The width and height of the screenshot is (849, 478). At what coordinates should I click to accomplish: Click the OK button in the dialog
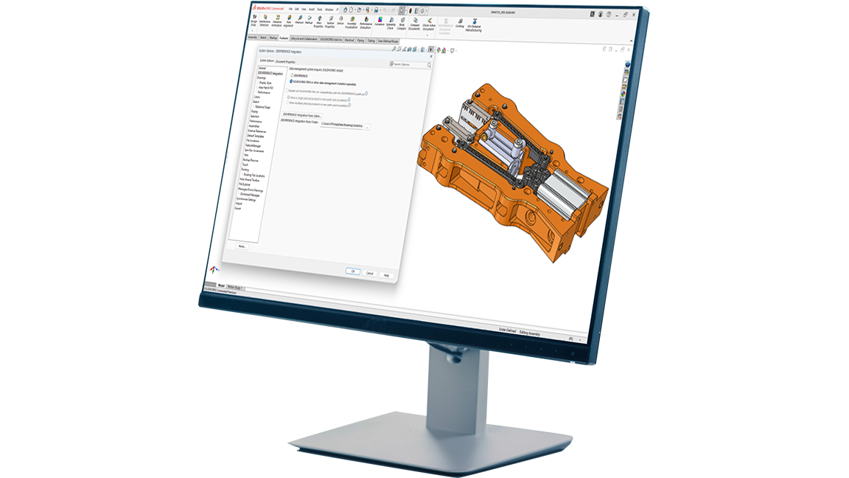click(354, 271)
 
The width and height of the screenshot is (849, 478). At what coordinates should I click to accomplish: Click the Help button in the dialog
click(386, 275)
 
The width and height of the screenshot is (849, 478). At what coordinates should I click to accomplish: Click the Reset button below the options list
click(242, 246)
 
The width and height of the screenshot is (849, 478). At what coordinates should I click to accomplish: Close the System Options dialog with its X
click(430, 56)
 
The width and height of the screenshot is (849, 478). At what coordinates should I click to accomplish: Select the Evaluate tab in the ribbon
click(284, 38)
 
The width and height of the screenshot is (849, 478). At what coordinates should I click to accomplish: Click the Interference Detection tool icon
click(265, 23)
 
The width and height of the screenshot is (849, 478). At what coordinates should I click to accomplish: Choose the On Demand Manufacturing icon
click(474, 26)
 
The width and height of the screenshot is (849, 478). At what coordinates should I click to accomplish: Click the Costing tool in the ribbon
click(460, 24)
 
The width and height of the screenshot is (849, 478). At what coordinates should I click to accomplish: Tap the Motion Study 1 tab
click(235, 287)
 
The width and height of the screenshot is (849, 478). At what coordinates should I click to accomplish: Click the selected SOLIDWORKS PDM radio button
click(290, 83)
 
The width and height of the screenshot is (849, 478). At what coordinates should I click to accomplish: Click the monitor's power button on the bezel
click(573, 353)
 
